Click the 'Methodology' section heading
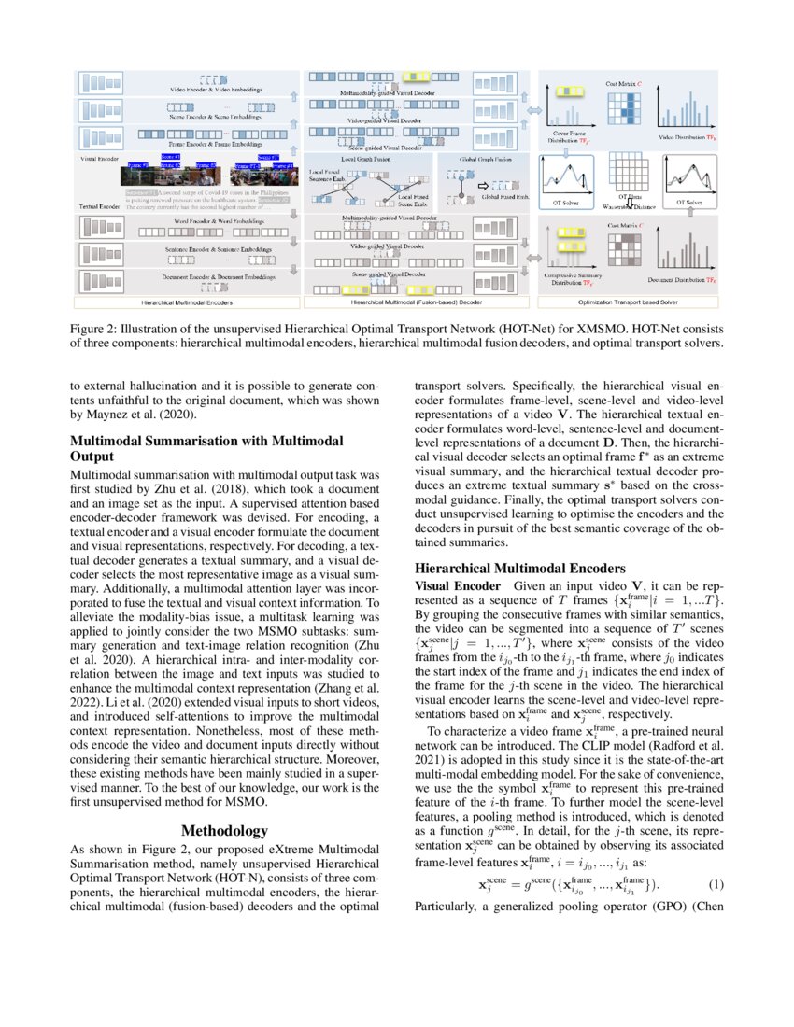point(224,830)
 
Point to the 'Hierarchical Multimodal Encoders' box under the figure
point(188,303)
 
